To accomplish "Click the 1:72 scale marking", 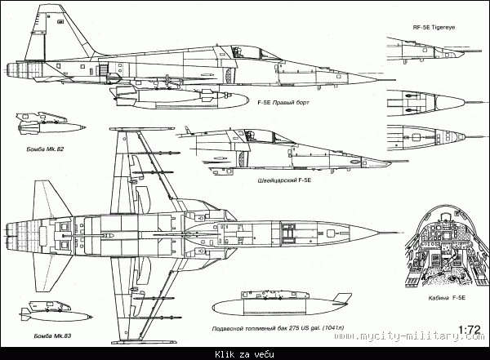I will (469, 331).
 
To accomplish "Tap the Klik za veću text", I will (245, 353).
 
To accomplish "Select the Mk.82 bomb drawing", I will (49, 127).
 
